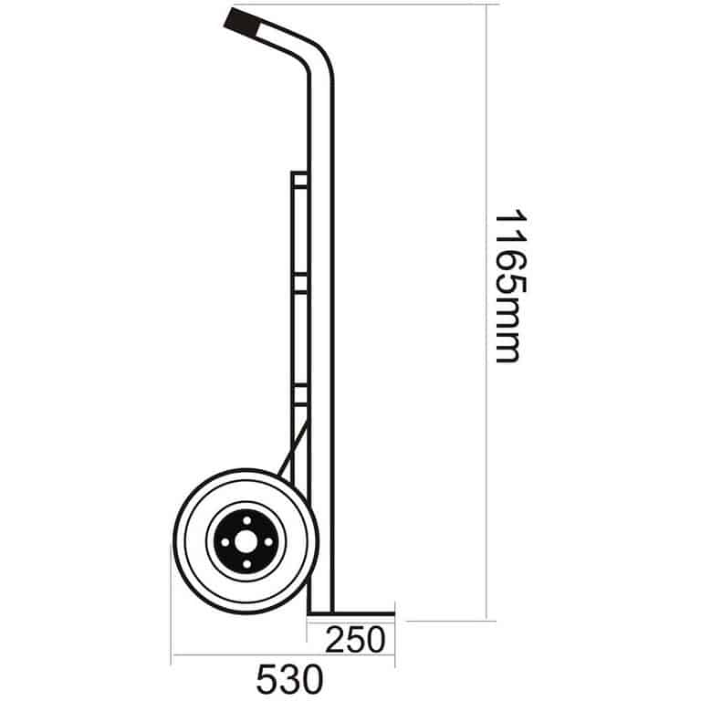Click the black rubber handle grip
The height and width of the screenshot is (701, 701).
[x=242, y=23]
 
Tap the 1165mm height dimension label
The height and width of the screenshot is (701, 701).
[x=510, y=285]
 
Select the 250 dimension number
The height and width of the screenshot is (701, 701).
[x=355, y=640]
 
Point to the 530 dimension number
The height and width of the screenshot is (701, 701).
[x=289, y=679]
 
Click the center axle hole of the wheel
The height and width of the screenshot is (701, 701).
[x=246, y=542]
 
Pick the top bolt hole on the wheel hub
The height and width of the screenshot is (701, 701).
[x=246, y=520]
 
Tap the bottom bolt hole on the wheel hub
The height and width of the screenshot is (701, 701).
[x=246, y=564]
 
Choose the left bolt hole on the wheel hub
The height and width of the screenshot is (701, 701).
[x=225, y=542]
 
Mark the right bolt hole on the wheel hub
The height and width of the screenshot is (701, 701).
[x=268, y=542]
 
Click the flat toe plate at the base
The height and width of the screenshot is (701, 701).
[x=351, y=613]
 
